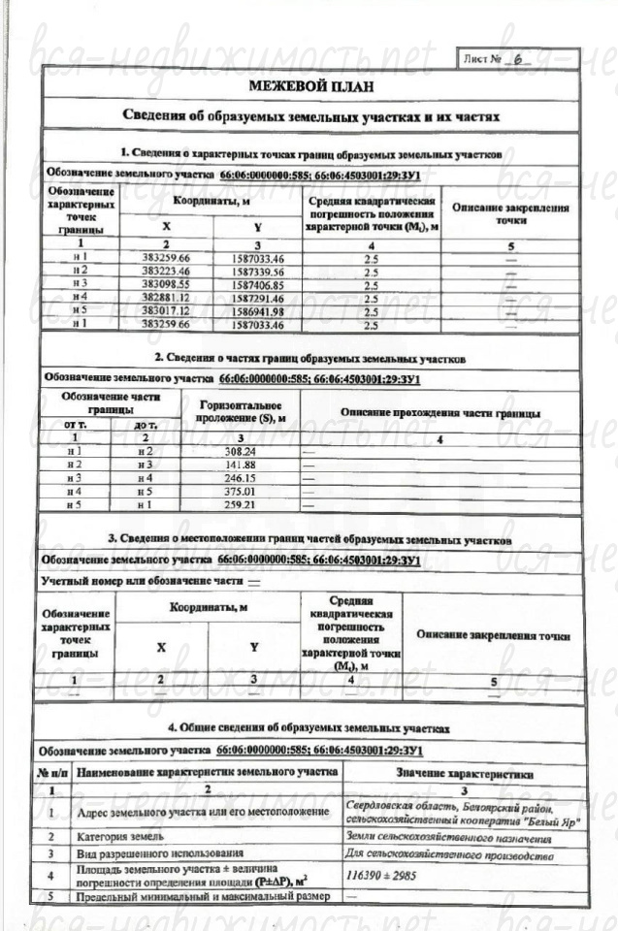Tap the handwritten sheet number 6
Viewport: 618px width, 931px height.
(519, 58)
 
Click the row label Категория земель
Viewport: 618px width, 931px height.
(119, 836)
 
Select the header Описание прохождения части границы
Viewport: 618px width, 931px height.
(439, 411)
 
